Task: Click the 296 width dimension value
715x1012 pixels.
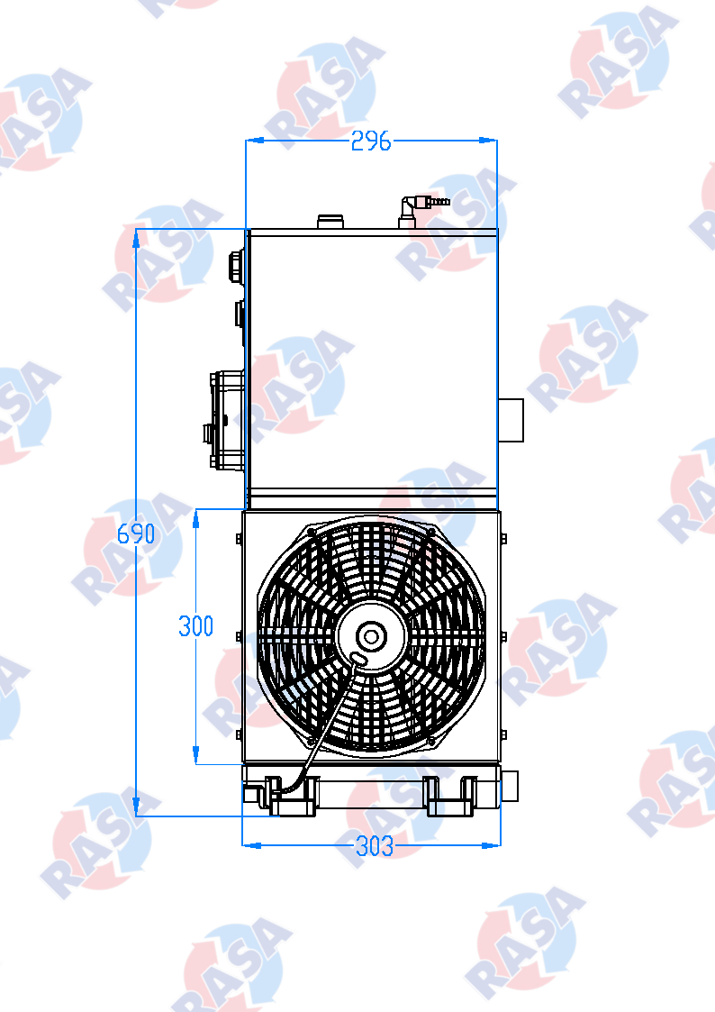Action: click(371, 141)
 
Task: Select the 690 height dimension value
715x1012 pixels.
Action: click(137, 533)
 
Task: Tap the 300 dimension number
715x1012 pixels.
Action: click(195, 625)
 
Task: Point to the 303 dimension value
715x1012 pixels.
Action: click(375, 846)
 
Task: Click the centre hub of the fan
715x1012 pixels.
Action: click(369, 636)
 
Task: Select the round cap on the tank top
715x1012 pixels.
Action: click(330, 221)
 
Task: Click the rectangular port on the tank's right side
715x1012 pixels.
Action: click(511, 420)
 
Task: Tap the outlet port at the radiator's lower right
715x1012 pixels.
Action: click(511, 787)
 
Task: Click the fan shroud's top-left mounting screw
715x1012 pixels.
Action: click(311, 532)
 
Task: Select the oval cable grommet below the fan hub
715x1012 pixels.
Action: click(358, 662)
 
